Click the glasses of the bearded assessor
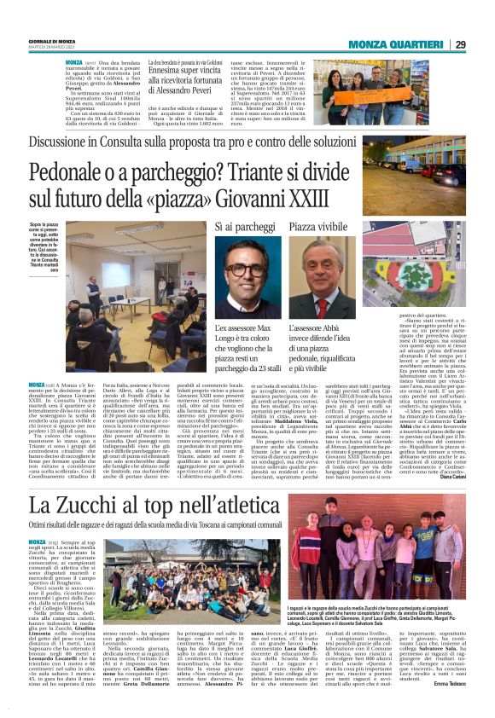(247, 273)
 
